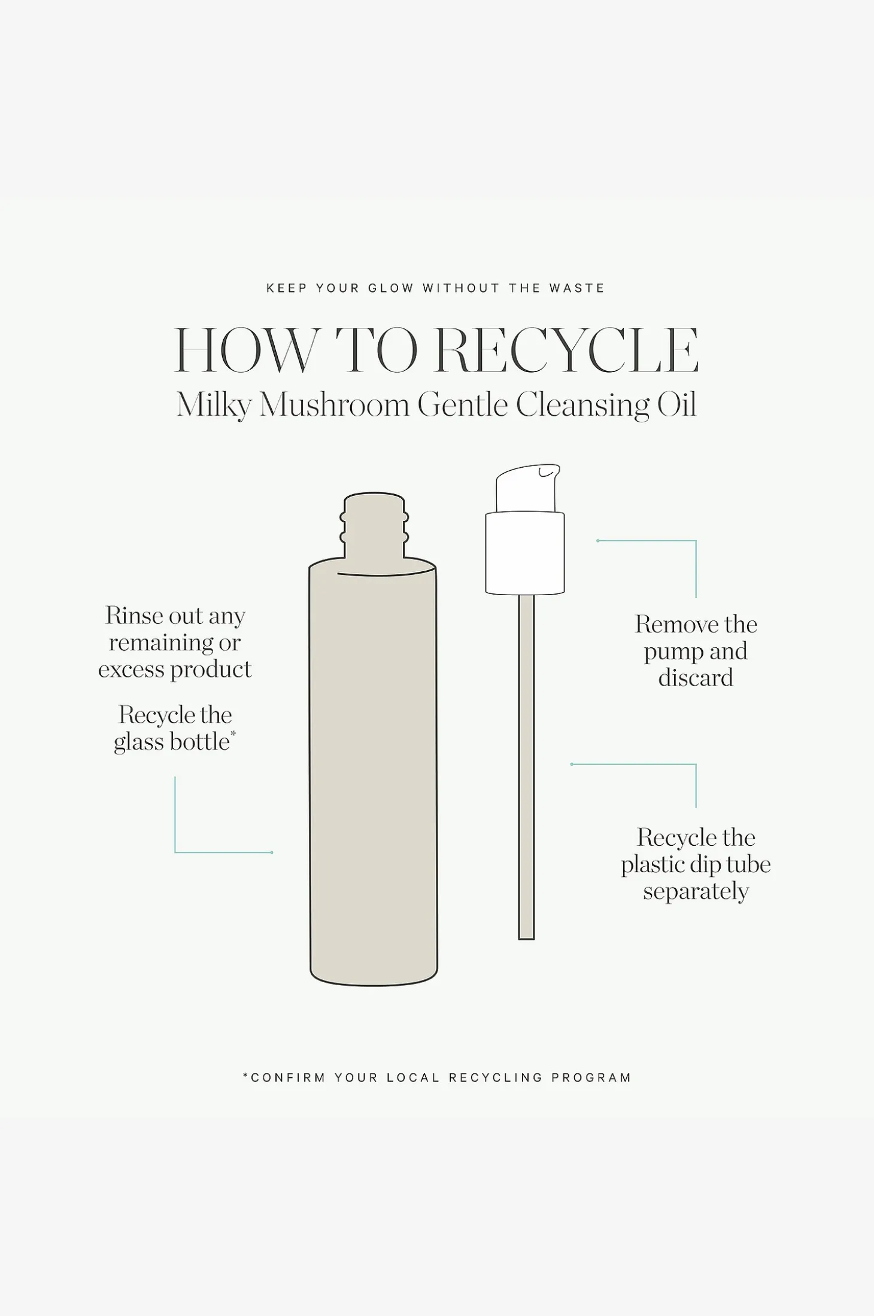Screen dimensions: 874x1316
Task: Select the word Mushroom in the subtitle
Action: (x=334, y=405)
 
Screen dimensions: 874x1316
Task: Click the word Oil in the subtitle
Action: (x=676, y=405)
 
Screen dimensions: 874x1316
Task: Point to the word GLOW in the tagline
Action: (x=391, y=288)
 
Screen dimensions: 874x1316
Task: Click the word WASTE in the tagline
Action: (x=577, y=288)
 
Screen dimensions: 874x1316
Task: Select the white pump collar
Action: (x=525, y=553)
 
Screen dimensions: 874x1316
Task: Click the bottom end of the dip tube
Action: (x=526, y=939)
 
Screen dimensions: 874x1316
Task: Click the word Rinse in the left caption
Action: (x=133, y=616)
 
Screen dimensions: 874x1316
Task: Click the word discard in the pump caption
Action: (x=696, y=678)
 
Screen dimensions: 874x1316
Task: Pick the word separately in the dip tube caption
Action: (x=696, y=892)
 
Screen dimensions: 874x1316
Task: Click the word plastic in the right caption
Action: (x=653, y=865)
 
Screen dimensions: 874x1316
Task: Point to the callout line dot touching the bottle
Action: (x=272, y=852)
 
